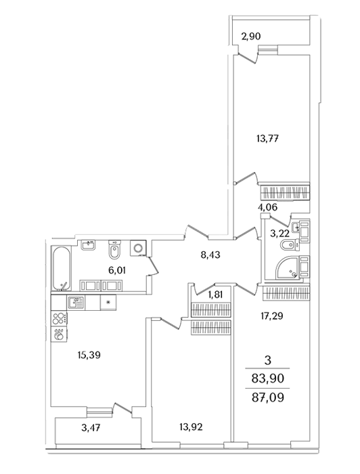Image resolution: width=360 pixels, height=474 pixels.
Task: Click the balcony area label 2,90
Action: coord(250,37)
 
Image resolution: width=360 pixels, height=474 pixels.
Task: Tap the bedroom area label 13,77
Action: coord(267,139)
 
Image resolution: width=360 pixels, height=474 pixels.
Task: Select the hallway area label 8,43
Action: coord(210,255)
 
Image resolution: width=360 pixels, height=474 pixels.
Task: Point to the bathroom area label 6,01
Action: coord(117,270)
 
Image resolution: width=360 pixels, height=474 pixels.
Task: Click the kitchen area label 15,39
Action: coord(89,355)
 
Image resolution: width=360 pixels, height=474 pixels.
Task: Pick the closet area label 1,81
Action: coord(216,294)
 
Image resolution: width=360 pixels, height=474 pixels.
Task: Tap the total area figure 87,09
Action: coord(267,397)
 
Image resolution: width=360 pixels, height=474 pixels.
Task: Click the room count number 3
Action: coord(267,360)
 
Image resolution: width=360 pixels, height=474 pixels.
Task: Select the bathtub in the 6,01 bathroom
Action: coord(62,268)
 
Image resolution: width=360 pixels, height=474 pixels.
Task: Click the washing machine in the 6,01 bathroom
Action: coord(138,248)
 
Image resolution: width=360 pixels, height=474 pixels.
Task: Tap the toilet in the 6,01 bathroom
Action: coord(114,250)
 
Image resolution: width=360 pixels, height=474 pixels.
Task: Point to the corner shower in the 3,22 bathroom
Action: coord(288,267)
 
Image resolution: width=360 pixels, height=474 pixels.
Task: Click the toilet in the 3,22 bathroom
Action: coord(290,244)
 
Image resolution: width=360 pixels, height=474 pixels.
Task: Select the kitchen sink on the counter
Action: coord(76,302)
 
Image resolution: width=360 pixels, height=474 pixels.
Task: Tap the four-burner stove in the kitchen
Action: coord(60,318)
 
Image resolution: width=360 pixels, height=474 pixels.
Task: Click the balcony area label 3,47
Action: coord(91,428)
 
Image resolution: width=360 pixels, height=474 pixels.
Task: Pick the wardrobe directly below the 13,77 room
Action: coord(285,192)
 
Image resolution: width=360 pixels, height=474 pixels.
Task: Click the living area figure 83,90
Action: coord(267,378)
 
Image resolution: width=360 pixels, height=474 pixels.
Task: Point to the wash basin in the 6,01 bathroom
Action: coord(88,244)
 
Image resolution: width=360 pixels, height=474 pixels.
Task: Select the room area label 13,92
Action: coord(192,427)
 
